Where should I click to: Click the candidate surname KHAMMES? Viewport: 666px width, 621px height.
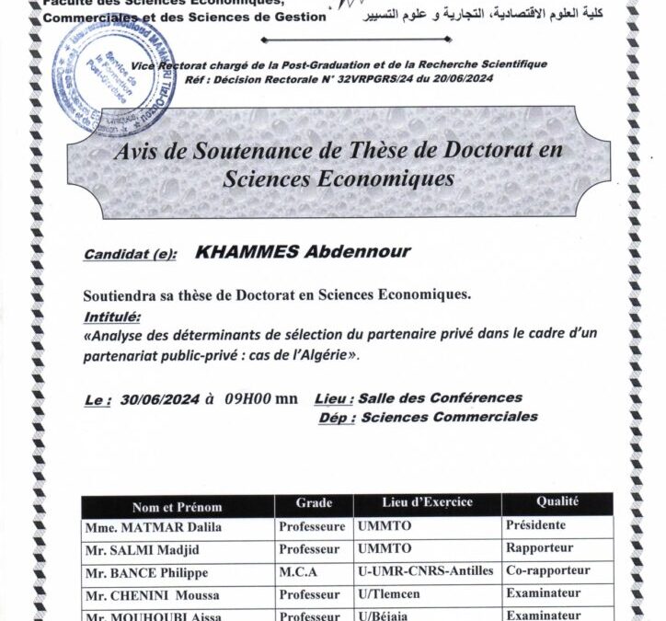tap(246, 253)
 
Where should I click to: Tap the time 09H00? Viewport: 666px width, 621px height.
tap(246, 399)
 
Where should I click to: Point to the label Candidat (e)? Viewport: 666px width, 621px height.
tap(130, 255)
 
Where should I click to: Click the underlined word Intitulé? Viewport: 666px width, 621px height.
tap(112, 317)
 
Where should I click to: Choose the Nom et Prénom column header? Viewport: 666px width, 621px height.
tap(177, 506)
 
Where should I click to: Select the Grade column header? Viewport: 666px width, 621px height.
tap(314, 503)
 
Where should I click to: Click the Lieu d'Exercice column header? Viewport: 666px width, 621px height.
tap(427, 502)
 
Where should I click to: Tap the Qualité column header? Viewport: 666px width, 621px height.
tap(557, 501)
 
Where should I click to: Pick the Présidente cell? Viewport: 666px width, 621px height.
tap(535, 525)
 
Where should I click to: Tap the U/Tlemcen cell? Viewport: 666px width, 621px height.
tap(389, 593)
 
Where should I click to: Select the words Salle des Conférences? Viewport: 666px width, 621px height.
tap(440, 398)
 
